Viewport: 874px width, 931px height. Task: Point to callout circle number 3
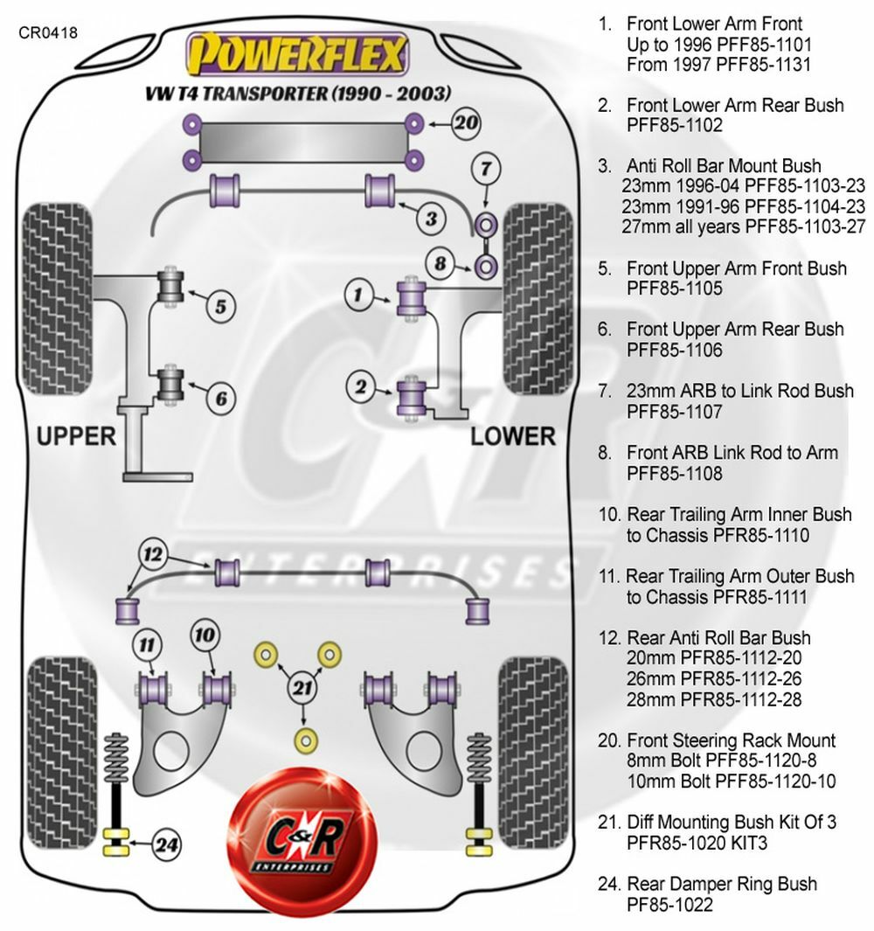(430, 218)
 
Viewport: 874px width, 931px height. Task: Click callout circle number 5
(221, 306)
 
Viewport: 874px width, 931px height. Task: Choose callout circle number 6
(221, 399)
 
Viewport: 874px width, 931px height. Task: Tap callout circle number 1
(358, 295)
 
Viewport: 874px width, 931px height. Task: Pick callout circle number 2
(358, 386)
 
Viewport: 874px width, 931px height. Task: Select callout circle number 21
(302, 687)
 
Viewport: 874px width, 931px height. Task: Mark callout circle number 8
(441, 262)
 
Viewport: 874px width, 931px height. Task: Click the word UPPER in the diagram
(76, 435)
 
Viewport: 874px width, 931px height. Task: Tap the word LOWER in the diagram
(513, 435)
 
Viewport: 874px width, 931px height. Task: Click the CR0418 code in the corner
(47, 33)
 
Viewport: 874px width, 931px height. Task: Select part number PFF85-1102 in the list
(674, 126)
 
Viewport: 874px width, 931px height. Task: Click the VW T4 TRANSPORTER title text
(298, 94)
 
